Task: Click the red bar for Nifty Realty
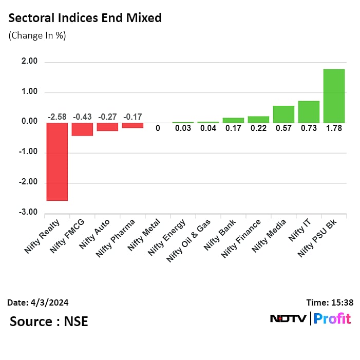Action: pyautogui.click(x=57, y=161)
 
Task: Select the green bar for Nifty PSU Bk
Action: pyautogui.click(x=334, y=96)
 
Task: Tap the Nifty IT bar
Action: pyautogui.click(x=309, y=111)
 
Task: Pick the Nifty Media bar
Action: pyautogui.click(x=283, y=114)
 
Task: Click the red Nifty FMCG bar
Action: pyautogui.click(x=82, y=129)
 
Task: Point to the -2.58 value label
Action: pyautogui.click(x=57, y=117)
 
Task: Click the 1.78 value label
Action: pyautogui.click(x=334, y=128)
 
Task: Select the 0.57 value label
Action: pyautogui.click(x=283, y=128)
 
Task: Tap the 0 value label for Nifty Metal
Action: pyautogui.click(x=158, y=128)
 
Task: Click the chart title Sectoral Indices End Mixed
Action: pyautogui.click(x=85, y=18)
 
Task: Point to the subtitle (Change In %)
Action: pyautogui.click(x=37, y=35)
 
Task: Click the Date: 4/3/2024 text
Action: pyautogui.click(x=39, y=302)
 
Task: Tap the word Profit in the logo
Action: pyautogui.click(x=332, y=318)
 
